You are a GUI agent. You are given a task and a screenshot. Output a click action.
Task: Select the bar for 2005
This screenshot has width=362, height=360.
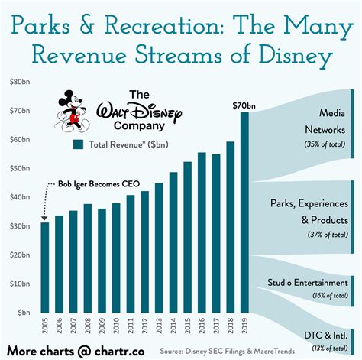point(44,267)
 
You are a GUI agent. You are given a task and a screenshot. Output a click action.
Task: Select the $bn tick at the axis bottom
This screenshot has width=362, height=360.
point(21,313)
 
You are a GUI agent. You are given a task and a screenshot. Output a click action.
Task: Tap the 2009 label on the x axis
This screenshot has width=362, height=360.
point(102,329)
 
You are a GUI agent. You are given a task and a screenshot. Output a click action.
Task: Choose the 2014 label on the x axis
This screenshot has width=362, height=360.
point(173,329)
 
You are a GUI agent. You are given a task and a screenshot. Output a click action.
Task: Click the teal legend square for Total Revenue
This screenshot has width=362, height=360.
point(78,143)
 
